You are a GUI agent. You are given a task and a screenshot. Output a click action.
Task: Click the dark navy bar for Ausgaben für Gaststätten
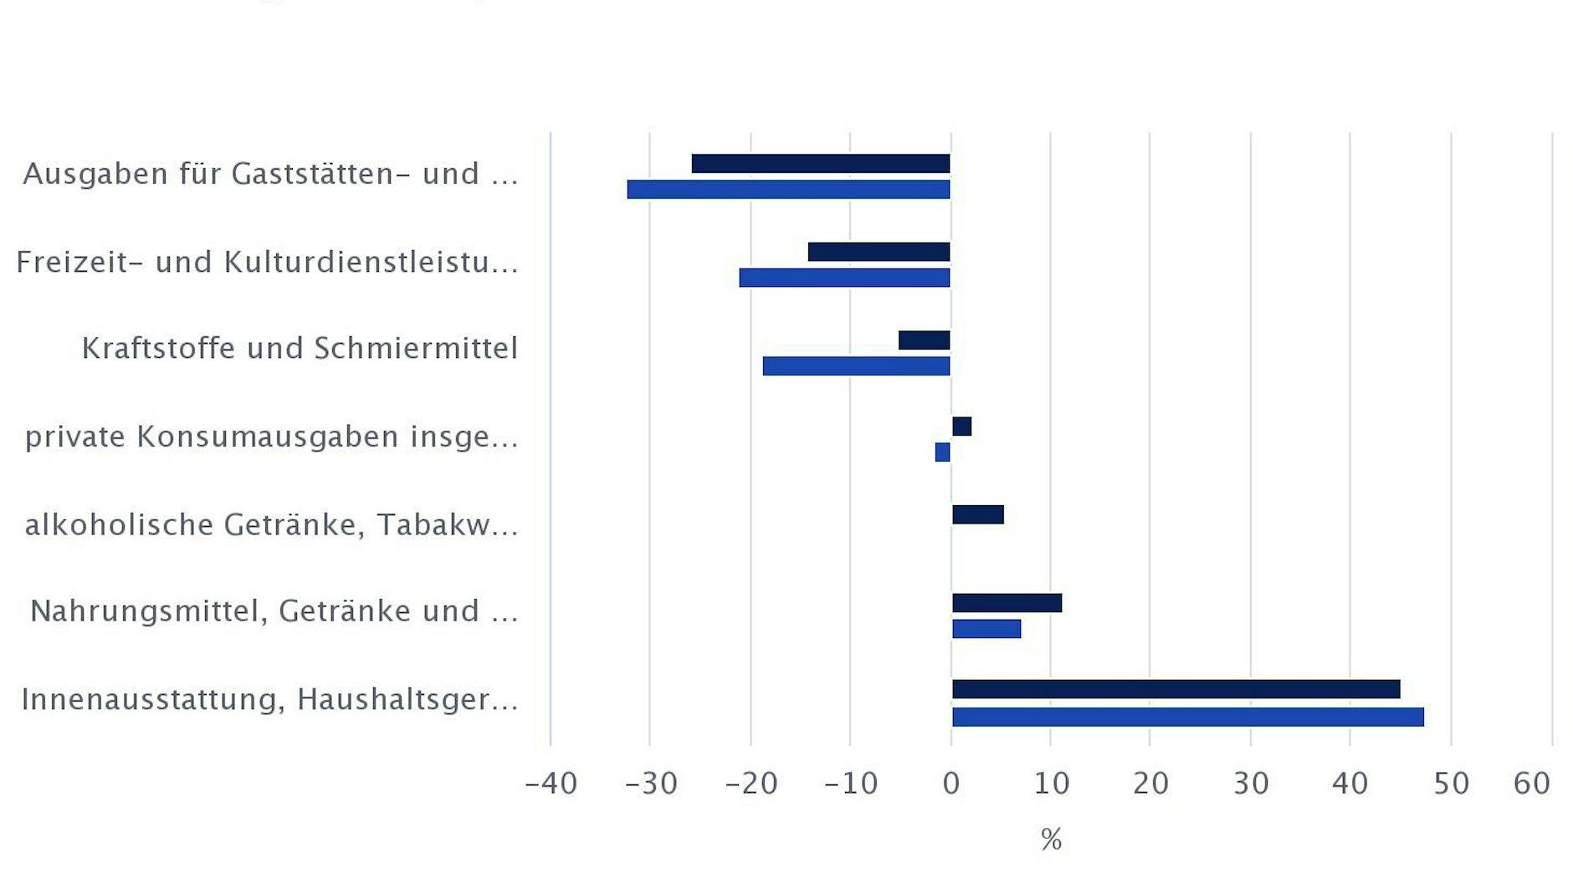tap(821, 164)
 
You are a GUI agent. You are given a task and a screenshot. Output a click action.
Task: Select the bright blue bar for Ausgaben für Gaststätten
tap(788, 190)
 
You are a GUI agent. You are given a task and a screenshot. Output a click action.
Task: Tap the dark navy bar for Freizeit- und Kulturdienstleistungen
tap(879, 252)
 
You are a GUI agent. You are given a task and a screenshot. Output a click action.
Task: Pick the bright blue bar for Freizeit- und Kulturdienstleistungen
tap(844, 278)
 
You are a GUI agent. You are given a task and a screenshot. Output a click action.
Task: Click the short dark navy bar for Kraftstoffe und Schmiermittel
tap(924, 340)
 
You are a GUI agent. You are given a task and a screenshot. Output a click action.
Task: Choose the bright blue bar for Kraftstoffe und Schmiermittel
tap(856, 366)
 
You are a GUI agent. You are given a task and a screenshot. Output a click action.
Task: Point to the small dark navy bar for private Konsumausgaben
tap(961, 427)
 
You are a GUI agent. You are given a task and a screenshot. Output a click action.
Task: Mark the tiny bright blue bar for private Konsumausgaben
tap(943, 452)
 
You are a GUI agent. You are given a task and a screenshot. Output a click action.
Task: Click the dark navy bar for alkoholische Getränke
tap(977, 515)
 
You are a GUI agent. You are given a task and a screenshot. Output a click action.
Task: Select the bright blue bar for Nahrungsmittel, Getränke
tap(986, 629)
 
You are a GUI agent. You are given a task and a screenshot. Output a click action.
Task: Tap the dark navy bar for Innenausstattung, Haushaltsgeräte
tap(1176, 689)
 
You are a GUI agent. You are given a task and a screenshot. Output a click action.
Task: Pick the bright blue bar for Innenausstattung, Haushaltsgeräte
tap(1187, 717)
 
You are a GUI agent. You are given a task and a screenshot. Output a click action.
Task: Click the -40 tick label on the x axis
tap(551, 784)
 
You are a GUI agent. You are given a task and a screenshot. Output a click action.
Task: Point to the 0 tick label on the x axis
tap(951, 784)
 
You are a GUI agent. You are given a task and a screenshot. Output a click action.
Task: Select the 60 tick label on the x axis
tap(1532, 784)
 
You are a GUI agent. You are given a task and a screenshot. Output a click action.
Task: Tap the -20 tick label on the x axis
tap(751, 784)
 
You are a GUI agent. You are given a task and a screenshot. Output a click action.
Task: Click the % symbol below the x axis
tap(1051, 839)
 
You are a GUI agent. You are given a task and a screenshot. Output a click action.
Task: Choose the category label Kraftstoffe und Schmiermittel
tap(300, 348)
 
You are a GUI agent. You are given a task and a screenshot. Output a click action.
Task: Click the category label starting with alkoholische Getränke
tap(271, 524)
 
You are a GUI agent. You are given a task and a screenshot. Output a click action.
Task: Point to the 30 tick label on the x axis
tap(1251, 784)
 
